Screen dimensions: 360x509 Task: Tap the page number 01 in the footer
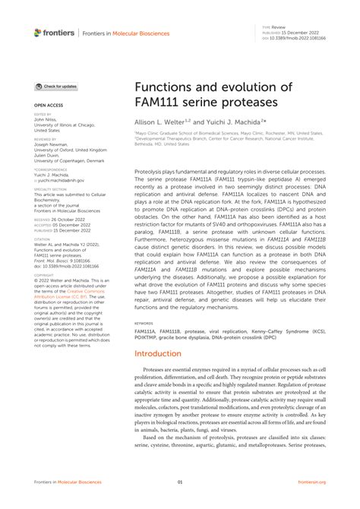180,482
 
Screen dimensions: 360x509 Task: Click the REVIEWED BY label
45,139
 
